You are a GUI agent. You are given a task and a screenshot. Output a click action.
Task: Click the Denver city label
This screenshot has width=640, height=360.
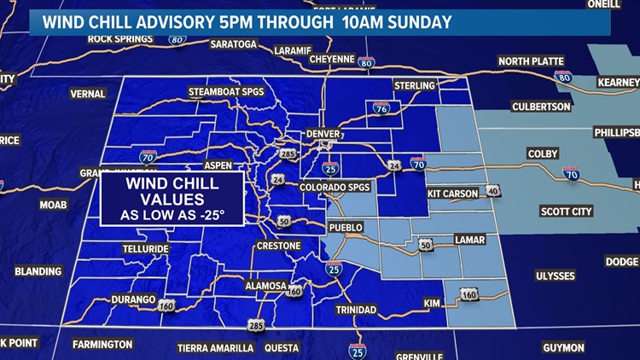click(323, 135)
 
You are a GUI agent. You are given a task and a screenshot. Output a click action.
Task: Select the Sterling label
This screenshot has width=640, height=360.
click(415, 85)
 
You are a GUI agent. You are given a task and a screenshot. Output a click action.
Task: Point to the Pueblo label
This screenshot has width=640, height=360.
click(346, 228)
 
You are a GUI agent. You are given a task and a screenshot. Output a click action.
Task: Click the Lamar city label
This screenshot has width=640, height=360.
click(470, 240)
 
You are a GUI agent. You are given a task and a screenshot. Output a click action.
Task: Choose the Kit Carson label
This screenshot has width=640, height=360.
click(453, 194)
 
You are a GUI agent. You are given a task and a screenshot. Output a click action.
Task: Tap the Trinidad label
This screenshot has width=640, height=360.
click(356, 309)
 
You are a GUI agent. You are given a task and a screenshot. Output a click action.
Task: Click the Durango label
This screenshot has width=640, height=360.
click(133, 300)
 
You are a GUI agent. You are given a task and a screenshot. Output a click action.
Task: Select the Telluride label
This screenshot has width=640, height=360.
click(144, 249)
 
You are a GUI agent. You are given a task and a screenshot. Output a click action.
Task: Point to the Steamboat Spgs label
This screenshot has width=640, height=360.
click(227, 92)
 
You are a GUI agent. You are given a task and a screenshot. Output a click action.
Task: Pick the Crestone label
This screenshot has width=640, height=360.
click(279, 247)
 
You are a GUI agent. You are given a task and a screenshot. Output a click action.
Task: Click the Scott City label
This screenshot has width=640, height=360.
click(567, 211)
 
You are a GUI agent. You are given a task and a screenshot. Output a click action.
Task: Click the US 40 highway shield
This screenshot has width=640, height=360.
click(492, 190)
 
